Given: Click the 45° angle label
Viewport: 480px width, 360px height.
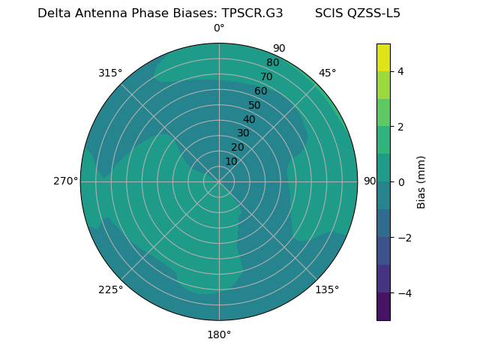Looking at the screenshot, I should click(327, 73).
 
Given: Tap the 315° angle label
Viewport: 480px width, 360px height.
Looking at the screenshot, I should click(110, 73).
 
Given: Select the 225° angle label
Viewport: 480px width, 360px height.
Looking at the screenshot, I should click(110, 289).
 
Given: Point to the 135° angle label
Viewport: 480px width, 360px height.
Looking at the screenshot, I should click(327, 289).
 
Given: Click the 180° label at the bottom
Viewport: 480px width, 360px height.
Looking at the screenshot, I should click(219, 334).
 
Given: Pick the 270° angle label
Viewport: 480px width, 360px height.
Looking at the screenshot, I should click(66, 181).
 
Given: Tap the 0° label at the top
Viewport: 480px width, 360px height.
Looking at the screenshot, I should click(219, 28).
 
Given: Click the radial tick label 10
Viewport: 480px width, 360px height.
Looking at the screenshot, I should click(231, 161).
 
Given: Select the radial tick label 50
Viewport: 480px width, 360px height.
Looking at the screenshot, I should click(254, 105).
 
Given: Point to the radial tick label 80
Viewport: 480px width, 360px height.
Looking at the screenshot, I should click(272, 62).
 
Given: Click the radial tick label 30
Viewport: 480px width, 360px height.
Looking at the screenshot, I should click(243, 133).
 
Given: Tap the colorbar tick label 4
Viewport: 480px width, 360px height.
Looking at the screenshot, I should click(400, 71).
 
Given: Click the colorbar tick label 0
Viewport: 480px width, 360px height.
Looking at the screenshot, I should click(400, 182).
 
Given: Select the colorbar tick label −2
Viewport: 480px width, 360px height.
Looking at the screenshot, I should click(403, 238).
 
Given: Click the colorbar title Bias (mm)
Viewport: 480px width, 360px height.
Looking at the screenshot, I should click(421, 182).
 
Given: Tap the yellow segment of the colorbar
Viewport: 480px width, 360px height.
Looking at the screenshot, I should click(383, 57).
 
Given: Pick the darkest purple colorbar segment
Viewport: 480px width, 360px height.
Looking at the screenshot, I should click(383, 307).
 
